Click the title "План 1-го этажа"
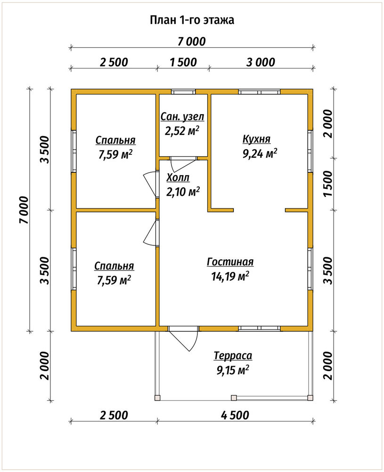[192, 20]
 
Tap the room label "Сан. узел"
[182, 117]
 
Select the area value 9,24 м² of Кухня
[260, 153]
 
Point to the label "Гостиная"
[230, 261]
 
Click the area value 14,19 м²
[230, 276]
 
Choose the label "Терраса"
[233, 355]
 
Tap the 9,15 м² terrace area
[233, 370]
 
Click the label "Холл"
[178, 177]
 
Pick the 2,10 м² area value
[183, 192]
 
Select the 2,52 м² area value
[182, 131]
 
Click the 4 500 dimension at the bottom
[235, 415]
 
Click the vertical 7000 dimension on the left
[24, 210]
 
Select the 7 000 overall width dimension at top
[191, 42]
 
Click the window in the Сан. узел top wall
[183, 92]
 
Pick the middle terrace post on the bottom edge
[234, 397]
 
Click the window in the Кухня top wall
[259, 92]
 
